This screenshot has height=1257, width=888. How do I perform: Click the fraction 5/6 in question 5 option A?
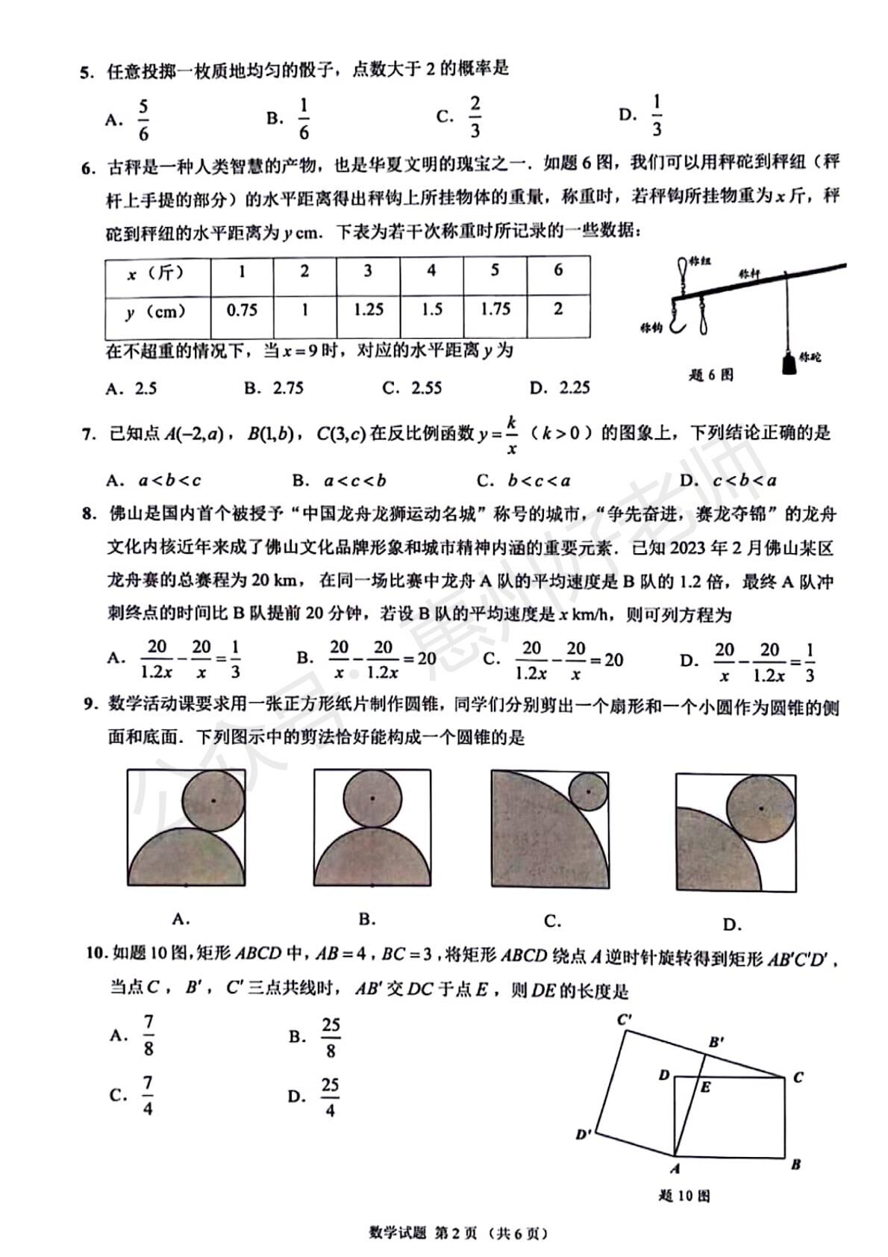(143, 120)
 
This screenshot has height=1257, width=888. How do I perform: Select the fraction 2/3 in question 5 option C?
(475, 117)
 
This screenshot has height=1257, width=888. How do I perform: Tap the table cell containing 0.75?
(242, 310)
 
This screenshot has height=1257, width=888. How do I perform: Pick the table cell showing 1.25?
(368, 310)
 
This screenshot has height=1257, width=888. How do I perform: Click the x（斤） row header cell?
(157, 273)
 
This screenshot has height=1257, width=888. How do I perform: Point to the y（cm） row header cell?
(157, 311)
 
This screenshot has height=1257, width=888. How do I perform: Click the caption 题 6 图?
(710, 375)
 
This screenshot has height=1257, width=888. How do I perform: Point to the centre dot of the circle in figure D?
(760, 808)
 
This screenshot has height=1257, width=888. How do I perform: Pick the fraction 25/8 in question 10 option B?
(331, 1038)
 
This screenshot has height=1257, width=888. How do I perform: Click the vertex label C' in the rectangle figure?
(625, 1019)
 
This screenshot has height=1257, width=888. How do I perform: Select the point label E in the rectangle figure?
(705, 1088)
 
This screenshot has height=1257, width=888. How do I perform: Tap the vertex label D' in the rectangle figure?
(584, 1135)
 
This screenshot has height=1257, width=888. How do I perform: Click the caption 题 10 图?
(684, 1196)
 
